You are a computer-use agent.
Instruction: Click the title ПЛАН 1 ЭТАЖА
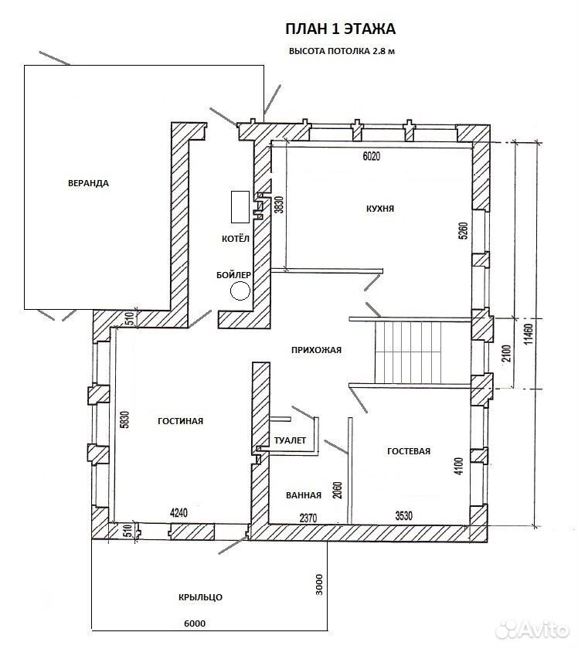pos(340,29)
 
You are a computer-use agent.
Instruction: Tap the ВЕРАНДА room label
pos(88,183)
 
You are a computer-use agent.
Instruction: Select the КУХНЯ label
pos(380,209)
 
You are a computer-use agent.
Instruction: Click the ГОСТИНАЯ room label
pos(181,421)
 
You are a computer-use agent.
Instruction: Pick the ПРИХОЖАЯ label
pos(316,350)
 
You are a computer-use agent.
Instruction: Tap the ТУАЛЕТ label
pos(290,440)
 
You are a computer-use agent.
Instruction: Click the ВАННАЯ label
pos(304,495)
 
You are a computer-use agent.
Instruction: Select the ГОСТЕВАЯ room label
pos(409,451)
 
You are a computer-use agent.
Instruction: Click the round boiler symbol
pos(240,291)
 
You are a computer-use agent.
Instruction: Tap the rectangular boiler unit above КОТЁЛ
pos(240,206)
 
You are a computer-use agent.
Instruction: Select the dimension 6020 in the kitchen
pos(372,156)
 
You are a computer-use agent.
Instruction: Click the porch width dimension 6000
pos(195,624)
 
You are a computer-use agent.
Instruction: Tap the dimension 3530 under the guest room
pos(403,516)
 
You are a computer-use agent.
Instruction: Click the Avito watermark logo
pos(532,630)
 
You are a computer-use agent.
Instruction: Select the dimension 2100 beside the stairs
pos(508,352)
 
